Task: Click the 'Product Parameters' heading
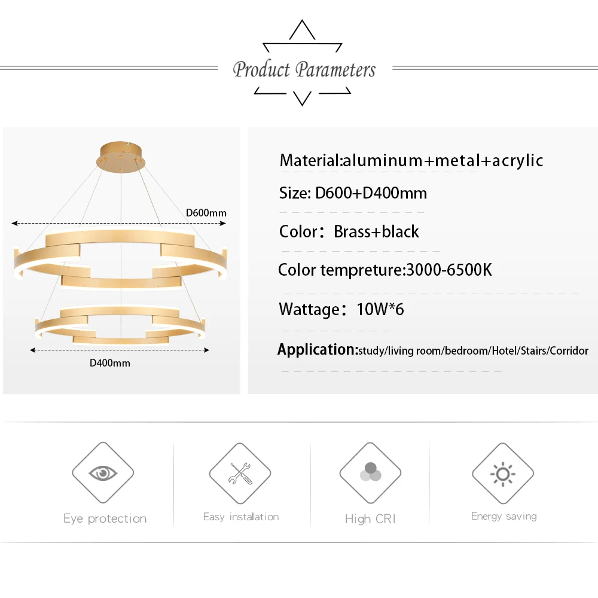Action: pos(304,69)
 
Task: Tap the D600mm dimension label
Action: pos(206,212)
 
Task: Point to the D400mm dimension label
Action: pos(110,362)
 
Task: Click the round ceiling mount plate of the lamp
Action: pos(121,157)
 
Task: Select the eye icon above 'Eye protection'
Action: pos(103,474)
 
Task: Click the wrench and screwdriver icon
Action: pos(240,474)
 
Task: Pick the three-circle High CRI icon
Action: pos(370,474)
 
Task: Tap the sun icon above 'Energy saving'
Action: pos(503,474)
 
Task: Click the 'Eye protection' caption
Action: pos(105,518)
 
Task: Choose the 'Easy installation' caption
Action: pos(241,517)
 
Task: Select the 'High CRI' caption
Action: pos(370,519)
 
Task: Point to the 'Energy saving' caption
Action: pos(504,516)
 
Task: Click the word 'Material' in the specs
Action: pos(309,160)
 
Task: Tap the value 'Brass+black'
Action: pos(376,231)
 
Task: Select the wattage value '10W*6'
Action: pos(380,310)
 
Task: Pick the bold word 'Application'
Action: pos(316,349)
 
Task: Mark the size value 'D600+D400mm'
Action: pos(371,193)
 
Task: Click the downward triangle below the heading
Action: pos(303,98)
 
